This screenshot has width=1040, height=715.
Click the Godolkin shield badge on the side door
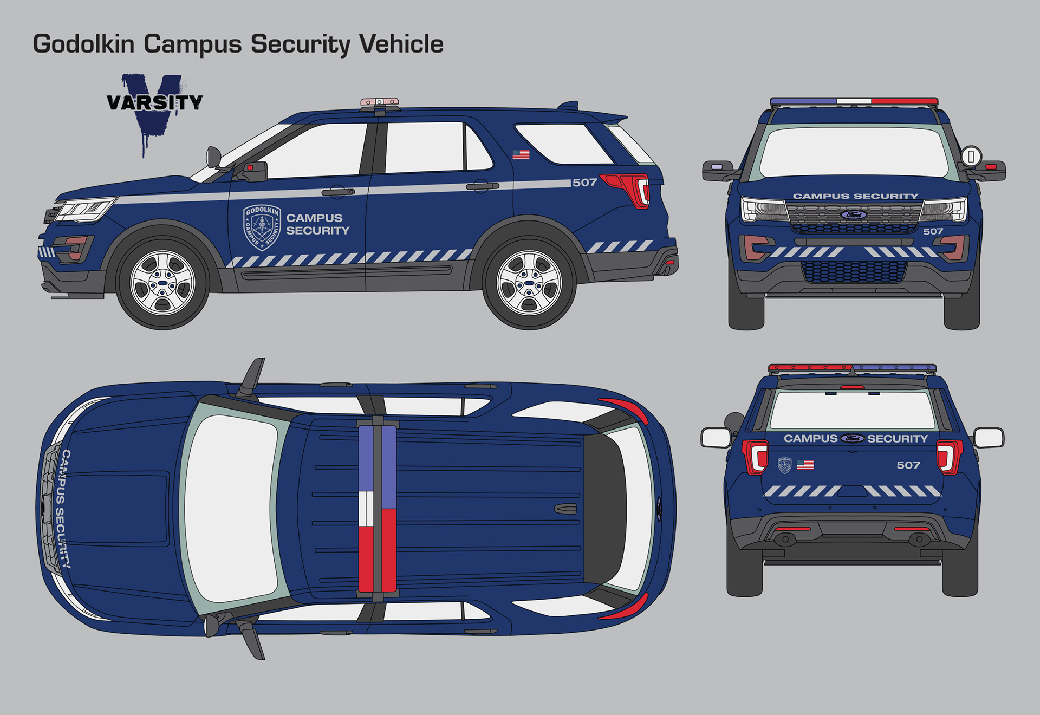(x=262, y=227)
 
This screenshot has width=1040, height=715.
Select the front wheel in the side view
(x=162, y=283)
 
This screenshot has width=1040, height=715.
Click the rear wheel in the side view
(x=529, y=283)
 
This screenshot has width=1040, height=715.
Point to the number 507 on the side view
(x=584, y=183)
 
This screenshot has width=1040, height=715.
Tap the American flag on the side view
(x=521, y=154)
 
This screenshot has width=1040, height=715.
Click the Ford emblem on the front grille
(x=854, y=215)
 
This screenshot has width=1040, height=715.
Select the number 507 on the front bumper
(x=933, y=231)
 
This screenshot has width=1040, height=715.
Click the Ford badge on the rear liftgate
(x=853, y=438)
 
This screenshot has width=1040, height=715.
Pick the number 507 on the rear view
(x=908, y=465)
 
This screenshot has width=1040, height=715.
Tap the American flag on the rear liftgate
(x=805, y=465)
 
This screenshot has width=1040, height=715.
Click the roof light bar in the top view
(x=378, y=509)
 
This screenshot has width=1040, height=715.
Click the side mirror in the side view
(x=213, y=157)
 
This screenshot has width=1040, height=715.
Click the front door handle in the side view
(x=337, y=192)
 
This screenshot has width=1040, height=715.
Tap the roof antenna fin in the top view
(x=565, y=509)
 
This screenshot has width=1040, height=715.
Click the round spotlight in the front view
(x=971, y=156)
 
